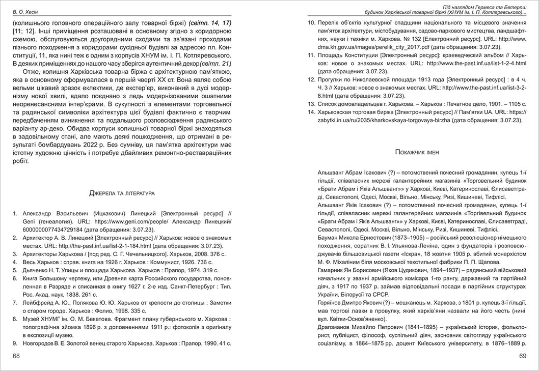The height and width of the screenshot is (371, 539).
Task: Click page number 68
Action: tap(16, 356)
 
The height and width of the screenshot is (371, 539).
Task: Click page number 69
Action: tap(522, 356)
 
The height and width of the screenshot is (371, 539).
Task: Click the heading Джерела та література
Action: tap(122, 193)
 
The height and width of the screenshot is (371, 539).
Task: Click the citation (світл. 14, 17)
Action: tap(210, 23)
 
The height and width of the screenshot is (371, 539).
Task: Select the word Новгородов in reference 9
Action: tap(42, 344)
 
